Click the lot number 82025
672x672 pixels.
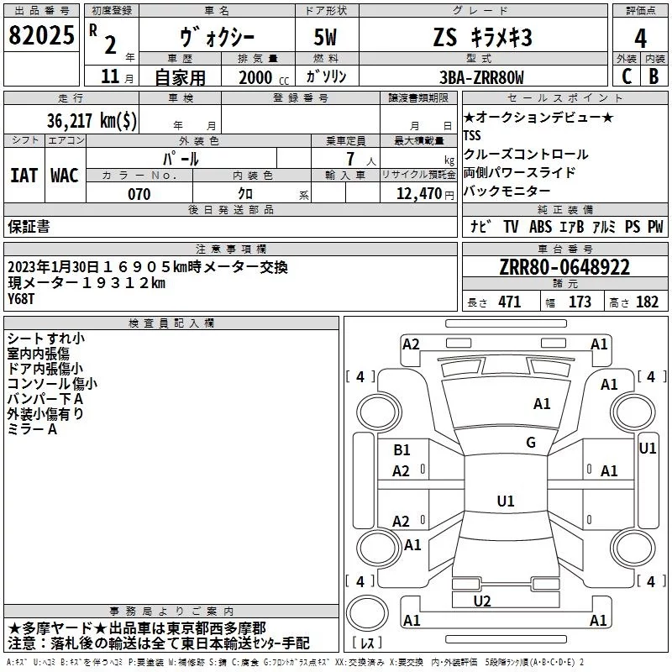pos(41,36)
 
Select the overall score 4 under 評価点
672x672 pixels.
pos(640,38)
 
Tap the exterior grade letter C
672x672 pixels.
pos(626,76)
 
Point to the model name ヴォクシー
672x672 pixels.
pos(216,38)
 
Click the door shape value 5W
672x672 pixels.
pos(328,38)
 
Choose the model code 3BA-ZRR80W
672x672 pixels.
pos(480,77)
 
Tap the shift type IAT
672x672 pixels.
pos(24,175)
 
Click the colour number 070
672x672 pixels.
pos(139,194)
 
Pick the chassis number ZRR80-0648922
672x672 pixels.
pos(564,268)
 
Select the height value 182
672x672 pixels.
pos(647,302)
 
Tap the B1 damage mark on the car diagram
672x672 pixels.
pos(402,450)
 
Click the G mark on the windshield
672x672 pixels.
pos(531,443)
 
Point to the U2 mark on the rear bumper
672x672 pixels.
pos(482,601)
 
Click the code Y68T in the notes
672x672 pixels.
pos(23,297)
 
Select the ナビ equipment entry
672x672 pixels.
pos(480,226)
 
